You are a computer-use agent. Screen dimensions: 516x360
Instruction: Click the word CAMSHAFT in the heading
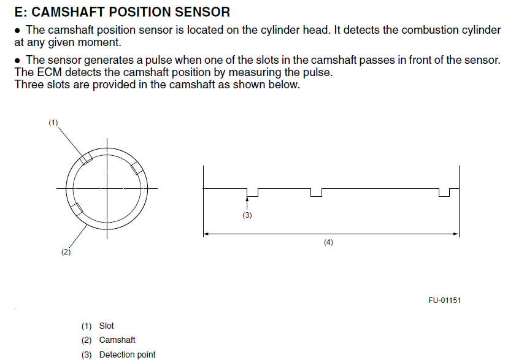pos(67,12)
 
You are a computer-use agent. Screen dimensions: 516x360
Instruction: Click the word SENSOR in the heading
pos(202,12)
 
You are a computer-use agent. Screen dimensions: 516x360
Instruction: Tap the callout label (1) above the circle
pos(53,123)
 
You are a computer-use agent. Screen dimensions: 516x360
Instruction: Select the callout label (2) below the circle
pos(66,252)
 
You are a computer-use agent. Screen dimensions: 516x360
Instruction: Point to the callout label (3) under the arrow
pos(247,215)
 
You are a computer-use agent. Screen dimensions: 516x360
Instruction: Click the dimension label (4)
pos(328,242)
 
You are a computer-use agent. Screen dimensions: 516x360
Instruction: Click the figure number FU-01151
pos(445,301)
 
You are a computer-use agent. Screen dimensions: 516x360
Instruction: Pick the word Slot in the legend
pos(106,326)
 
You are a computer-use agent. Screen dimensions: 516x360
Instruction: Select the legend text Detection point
pos(128,354)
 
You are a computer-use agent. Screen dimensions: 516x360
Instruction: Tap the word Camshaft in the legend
pos(117,340)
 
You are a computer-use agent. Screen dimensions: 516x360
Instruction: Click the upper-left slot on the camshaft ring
pos(87,159)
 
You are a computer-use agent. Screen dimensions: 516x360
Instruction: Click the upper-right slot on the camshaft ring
pos(137,168)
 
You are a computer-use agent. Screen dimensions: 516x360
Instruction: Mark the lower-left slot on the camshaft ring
pos(77,209)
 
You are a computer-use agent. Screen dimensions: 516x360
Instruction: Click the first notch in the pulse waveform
pos(252,193)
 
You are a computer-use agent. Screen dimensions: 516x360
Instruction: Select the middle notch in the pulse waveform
pos(316,193)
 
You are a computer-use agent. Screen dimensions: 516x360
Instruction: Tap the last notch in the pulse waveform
pos(444,193)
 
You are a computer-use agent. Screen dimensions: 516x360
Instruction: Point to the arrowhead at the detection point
pos(247,199)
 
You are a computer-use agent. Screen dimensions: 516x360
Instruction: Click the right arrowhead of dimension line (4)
pos(456,234)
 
